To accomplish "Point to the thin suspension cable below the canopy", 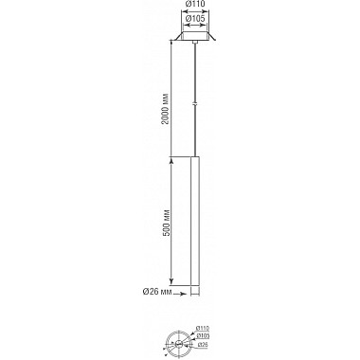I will pos(195,76).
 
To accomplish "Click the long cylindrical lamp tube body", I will pos(195,218).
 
